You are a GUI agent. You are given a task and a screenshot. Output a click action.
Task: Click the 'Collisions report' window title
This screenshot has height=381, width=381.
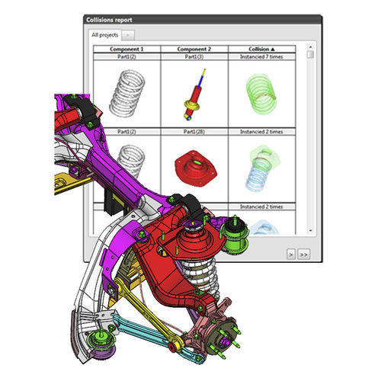coord(115,21)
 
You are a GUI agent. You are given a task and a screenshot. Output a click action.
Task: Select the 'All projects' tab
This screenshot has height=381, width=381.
coord(104,35)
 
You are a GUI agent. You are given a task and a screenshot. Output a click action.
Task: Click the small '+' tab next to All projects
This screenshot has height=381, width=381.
coord(129,35)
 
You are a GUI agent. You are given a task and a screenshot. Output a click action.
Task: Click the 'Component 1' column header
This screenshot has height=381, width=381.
coord(126,48)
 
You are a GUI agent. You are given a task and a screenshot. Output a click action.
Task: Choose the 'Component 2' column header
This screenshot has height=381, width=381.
coord(194,48)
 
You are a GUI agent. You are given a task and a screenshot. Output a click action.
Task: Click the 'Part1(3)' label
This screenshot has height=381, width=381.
coord(194,56)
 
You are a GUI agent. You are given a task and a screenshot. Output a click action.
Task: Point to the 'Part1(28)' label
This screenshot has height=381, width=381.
coord(194,131)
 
